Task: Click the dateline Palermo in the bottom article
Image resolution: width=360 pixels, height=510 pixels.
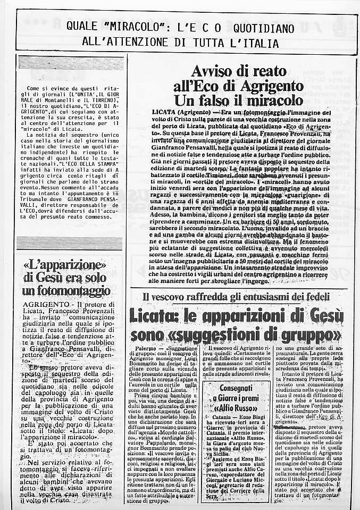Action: [x=143, y=348]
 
